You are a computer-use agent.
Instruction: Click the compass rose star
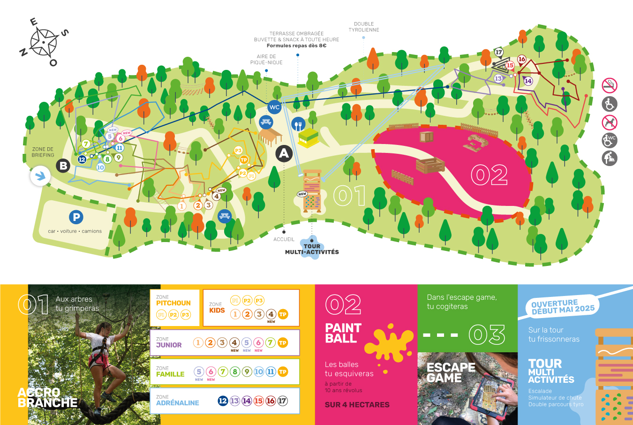[44, 42]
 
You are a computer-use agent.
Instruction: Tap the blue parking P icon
[76, 217]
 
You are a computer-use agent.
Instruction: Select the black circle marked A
[284, 153]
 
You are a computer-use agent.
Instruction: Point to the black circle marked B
[63, 165]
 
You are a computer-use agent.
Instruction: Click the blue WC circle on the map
[274, 107]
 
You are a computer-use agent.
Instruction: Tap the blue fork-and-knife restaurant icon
[298, 124]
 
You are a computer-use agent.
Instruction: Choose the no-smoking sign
[610, 85]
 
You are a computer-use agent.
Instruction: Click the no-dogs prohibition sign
[610, 122]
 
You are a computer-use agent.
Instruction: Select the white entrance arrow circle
[40, 176]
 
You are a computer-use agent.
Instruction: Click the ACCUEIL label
[284, 239]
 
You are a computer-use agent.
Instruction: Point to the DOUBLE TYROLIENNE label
[364, 27]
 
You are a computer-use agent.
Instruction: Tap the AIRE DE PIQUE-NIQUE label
[266, 60]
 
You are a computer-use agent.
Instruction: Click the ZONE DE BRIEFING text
[43, 152]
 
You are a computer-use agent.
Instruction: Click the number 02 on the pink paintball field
[489, 175]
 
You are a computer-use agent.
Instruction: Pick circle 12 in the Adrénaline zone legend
[223, 401]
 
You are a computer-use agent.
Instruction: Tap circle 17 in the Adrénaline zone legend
[282, 401]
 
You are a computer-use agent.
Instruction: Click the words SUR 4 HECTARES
[357, 404]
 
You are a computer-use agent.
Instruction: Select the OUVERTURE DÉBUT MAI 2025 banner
[563, 306]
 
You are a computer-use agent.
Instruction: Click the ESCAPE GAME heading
[451, 372]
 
